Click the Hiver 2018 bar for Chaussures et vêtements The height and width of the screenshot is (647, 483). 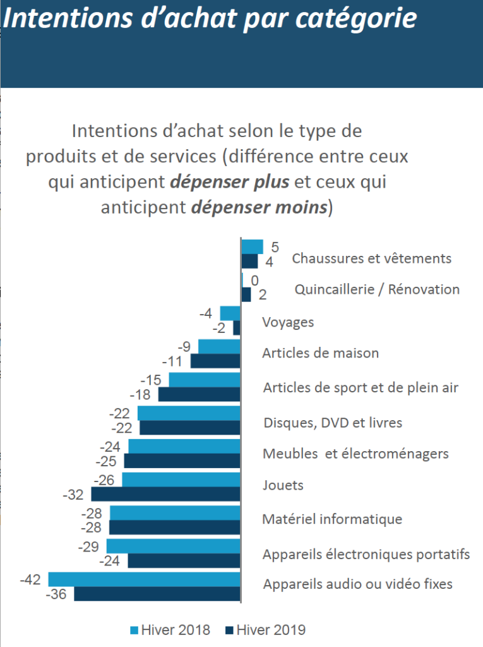pyautogui.click(x=252, y=247)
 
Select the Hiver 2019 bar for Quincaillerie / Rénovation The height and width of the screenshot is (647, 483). pyautogui.click(x=246, y=294)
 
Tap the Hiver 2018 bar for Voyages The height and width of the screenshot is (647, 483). pyautogui.click(x=230, y=313)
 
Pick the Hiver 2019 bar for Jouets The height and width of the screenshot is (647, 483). pyautogui.click(x=166, y=494)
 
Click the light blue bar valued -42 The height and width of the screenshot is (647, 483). pyautogui.click(x=145, y=579)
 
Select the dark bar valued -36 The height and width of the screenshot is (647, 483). pyautogui.click(x=157, y=594)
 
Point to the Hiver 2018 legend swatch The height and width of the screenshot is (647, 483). pyautogui.click(x=134, y=631)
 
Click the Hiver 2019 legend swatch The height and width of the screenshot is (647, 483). pyautogui.click(x=230, y=631)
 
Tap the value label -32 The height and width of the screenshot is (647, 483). pyautogui.click(x=73, y=494)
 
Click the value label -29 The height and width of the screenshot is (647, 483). pyautogui.click(x=88, y=547)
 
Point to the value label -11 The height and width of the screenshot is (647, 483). pyautogui.click(x=172, y=361)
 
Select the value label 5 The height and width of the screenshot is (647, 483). pyautogui.click(x=275, y=247)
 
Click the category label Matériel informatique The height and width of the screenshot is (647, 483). pyautogui.click(x=332, y=519)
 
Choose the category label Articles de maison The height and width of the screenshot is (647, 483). pyautogui.click(x=321, y=353)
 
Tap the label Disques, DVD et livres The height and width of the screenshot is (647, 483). pyautogui.click(x=333, y=423)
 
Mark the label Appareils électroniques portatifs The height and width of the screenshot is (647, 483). pyautogui.click(x=366, y=553)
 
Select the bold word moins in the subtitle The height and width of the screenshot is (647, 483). pyautogui.click(x=301, y=207)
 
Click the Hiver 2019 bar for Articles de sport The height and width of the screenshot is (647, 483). pyautogui.click(x=200, y=394)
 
